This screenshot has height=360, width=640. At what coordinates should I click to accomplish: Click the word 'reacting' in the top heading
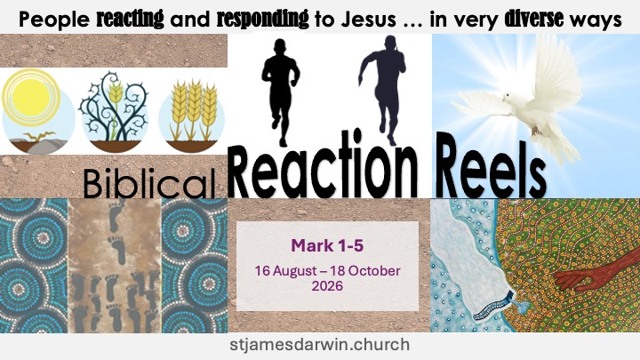(130, 20)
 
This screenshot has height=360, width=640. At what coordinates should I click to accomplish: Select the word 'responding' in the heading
(262, 20)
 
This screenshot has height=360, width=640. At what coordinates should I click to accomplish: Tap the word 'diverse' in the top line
(534, 19)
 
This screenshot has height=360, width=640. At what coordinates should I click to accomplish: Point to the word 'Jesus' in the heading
(369, 20)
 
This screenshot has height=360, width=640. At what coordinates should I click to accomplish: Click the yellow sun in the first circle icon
(31, 98)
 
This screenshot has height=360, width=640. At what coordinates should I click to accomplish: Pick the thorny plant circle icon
(114, 112)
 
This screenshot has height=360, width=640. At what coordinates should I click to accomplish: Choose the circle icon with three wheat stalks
(191, 115)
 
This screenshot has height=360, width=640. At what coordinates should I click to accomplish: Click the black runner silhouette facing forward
(280, 92)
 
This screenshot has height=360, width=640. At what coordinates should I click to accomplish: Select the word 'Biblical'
(149, 184)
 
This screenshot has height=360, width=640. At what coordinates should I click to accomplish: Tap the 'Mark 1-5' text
(327, 245)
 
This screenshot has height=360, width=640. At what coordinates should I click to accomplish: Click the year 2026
(327, 285)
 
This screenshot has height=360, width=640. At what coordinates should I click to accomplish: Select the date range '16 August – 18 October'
(327, 270)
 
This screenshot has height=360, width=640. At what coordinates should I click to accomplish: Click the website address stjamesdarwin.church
(320, 344)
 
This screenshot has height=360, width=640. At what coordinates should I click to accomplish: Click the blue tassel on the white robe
(519, 306)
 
